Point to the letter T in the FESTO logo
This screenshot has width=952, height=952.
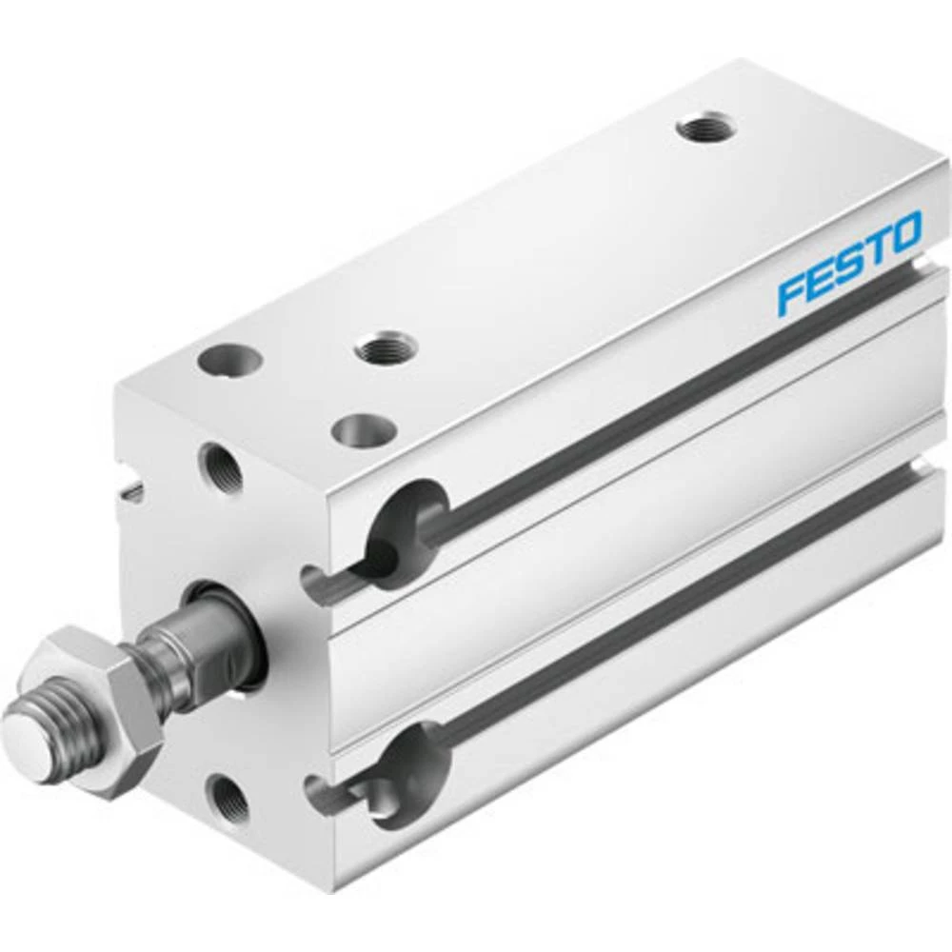pyautogui.click(x=876, y=247)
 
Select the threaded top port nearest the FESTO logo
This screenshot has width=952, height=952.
pyautogui.click(x=705, y=128)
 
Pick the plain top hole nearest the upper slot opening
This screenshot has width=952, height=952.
pyautogui.click(x=363, y=430)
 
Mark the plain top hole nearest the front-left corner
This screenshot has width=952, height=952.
pyautogui.click(x=229, y=362)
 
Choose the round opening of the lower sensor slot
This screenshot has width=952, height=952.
pyautogui.click(x=410, y=768)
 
